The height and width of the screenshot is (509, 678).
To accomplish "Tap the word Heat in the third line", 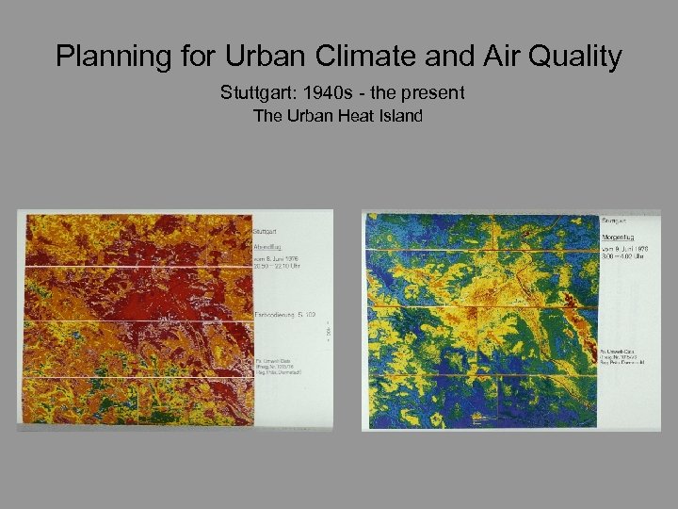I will point(358,117).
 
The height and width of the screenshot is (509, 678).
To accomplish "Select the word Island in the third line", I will point(399,117).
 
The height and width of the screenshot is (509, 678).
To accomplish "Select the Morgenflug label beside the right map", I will point(619,238).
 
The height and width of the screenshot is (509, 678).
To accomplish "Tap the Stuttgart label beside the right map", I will point(614,221).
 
